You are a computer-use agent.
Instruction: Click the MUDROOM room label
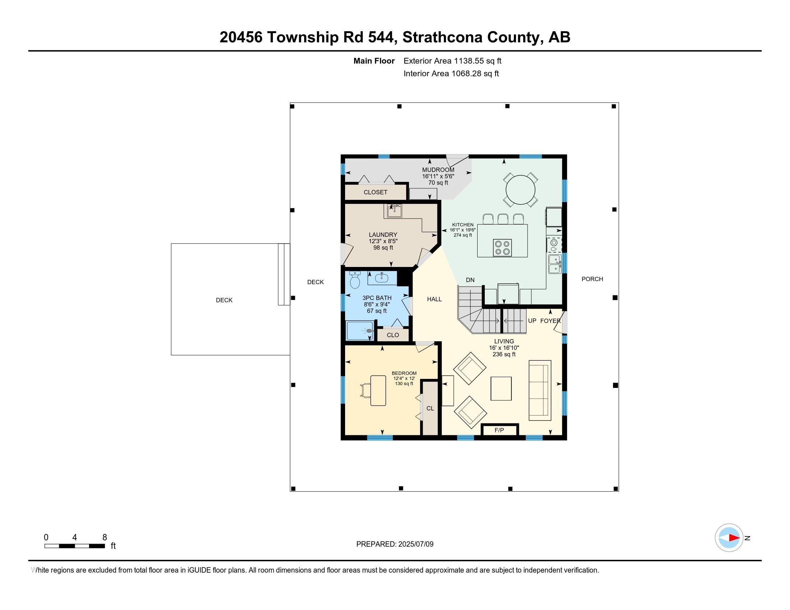(x=438, y=170)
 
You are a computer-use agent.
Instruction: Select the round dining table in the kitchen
(x=520, y=190)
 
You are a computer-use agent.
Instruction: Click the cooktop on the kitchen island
(x=502, y=248)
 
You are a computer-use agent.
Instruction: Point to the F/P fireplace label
(x=499, y=430)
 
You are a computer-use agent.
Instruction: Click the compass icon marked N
(x=729, y=538)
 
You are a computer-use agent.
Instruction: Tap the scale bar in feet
(x=75, y=546)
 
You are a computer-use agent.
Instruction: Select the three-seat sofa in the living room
(x=540, y=390)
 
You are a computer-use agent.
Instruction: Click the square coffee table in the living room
(x=501, y=389)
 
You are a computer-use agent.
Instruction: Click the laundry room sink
(x=394, y=211)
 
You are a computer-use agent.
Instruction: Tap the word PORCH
(x=592, y=279)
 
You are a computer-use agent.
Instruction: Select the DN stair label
(x=470, y=280)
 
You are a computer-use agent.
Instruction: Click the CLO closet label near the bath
(x=393, y=335)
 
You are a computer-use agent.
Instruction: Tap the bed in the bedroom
(x=378, y=390)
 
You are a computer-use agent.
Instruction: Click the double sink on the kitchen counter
(x=554, y=264)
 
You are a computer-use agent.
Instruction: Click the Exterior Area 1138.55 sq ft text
(x=452, y=61)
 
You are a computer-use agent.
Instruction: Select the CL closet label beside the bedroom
(x=430, y=408)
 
